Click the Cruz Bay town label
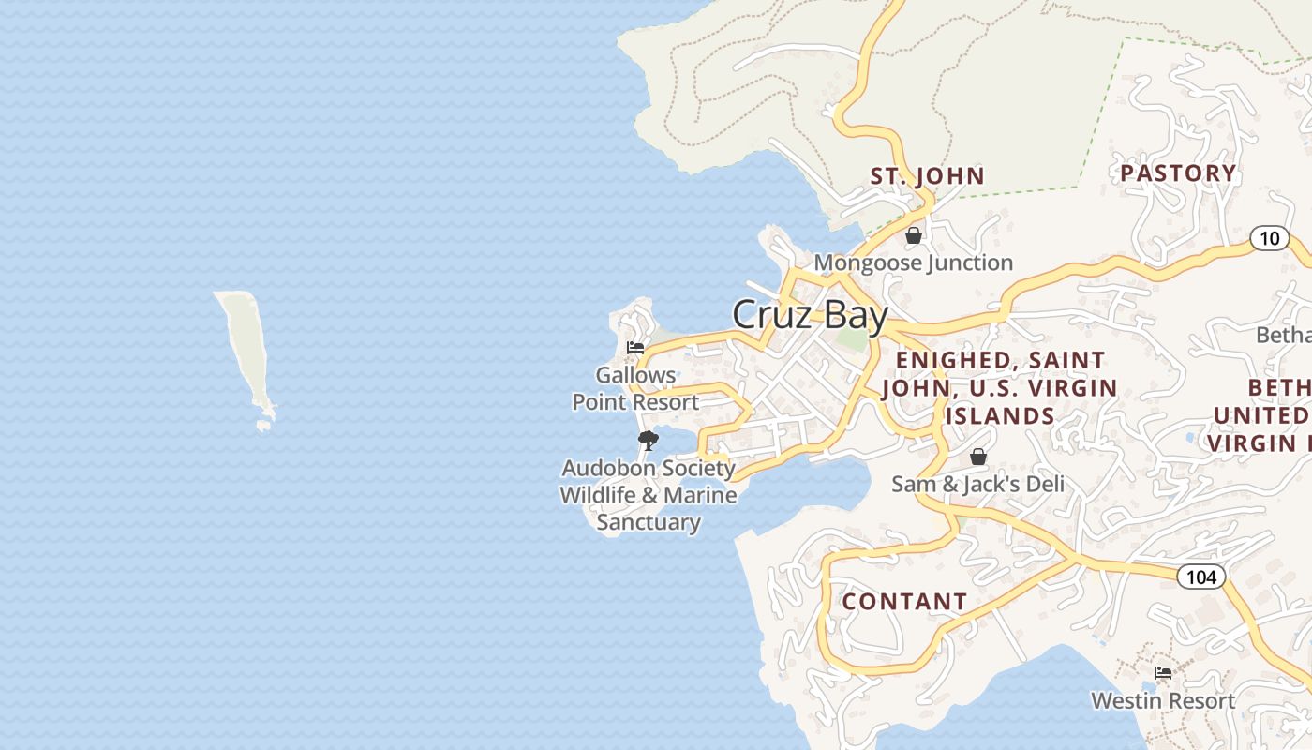809,315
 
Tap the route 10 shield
1269,238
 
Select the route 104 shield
1200,577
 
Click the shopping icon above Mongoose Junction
913,235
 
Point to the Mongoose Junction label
913,262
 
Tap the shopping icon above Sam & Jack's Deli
977,457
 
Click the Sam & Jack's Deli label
977,484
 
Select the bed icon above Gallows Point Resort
635,348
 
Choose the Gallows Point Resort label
635,388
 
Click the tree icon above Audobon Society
648,440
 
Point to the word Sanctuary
649,522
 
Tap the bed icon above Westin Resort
1163,673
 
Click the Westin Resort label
1163,700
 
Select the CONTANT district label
904,602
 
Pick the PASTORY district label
1178,173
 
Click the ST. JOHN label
927,176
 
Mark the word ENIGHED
952,361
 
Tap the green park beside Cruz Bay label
852,339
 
